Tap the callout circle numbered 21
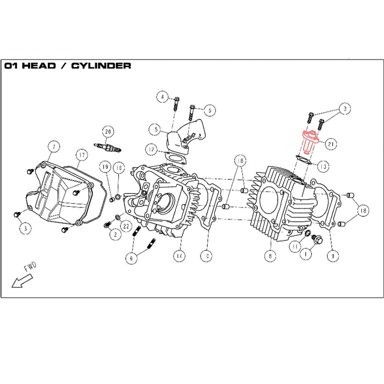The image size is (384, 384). [331, 143]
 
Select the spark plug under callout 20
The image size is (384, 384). [109, 146]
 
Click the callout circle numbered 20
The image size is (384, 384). [108, 131]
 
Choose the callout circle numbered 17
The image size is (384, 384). [82, 155]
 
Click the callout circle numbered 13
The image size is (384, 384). [323, 167]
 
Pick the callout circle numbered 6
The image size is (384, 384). [129, 258]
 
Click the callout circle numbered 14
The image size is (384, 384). [179, 256]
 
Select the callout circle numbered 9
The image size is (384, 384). [331, 256]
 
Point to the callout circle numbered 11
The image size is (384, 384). [295, 246]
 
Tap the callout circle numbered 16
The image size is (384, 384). [119, 167]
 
